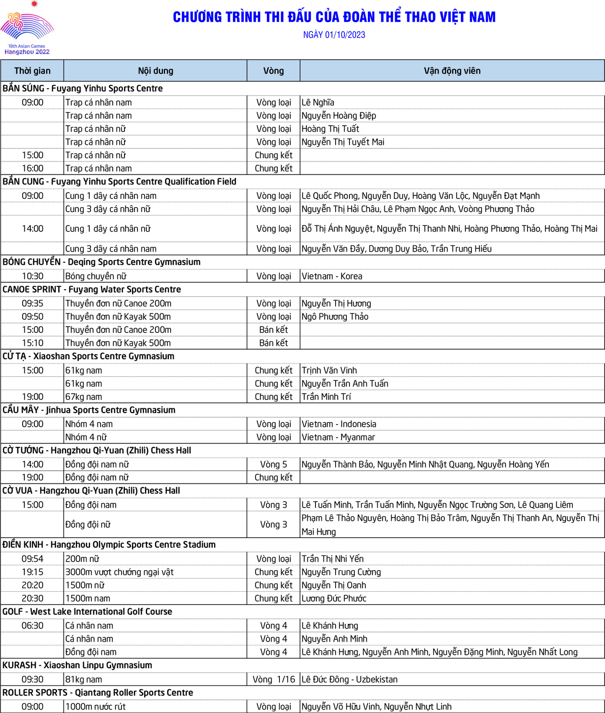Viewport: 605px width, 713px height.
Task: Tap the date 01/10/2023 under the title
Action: point(334,35)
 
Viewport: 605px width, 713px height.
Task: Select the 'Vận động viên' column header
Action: point(452,71)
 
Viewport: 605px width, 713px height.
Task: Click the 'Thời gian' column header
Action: point(32,71)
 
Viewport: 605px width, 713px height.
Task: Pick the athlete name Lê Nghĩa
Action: point(318,103)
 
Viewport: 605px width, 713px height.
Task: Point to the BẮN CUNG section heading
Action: point(119,182)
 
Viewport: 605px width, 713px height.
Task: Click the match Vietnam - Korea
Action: point(332,276)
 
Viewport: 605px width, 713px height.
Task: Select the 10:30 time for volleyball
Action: point(33,276)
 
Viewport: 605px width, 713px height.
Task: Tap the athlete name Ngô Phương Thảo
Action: point(335,317)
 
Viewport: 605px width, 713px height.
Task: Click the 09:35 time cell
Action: point(33,304)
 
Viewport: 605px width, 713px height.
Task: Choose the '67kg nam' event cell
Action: point(84,397)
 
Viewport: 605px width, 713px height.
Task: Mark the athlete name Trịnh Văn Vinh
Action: point(329,371)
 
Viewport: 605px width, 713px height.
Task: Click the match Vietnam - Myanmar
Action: point(338,437)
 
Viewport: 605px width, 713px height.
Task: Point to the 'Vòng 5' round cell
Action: point(273,465)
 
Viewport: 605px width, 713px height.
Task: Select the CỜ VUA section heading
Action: point(91,491)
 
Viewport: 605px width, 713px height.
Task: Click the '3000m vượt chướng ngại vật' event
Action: point(119,572)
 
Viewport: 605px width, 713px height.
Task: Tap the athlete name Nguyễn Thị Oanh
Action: point(334,585)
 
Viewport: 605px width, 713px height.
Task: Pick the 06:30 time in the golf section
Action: point(33,626)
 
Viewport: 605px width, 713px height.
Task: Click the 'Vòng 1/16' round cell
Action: point(273,680)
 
